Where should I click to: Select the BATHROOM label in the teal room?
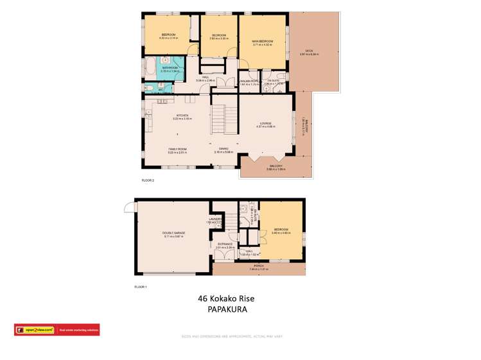(x=170, y=67)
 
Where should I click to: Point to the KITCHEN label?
(x=173, y=116)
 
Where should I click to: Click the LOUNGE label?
(x=265, y=123)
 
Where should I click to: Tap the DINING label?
(x=223, y=149)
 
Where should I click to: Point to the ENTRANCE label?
(x=225, y=244)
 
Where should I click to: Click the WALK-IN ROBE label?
(x=249, y=80)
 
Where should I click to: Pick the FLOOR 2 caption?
(x=148, y=180)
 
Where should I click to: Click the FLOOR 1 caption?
(x=141, y=286)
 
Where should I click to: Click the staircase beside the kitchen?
(x=220, y=118)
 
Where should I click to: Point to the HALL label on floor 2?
(x=206, y=77)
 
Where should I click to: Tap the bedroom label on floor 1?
(x=281, y=229)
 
